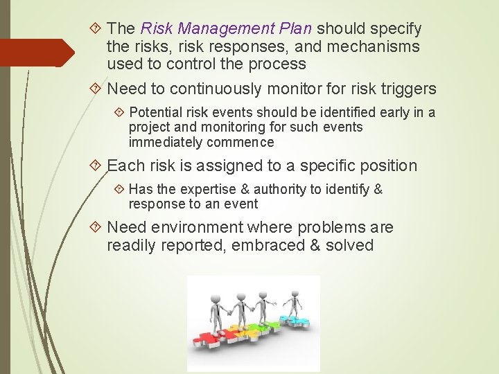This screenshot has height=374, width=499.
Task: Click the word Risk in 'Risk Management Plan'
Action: tap(156, 29)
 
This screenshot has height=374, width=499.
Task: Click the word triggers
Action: tap(410, 89)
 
